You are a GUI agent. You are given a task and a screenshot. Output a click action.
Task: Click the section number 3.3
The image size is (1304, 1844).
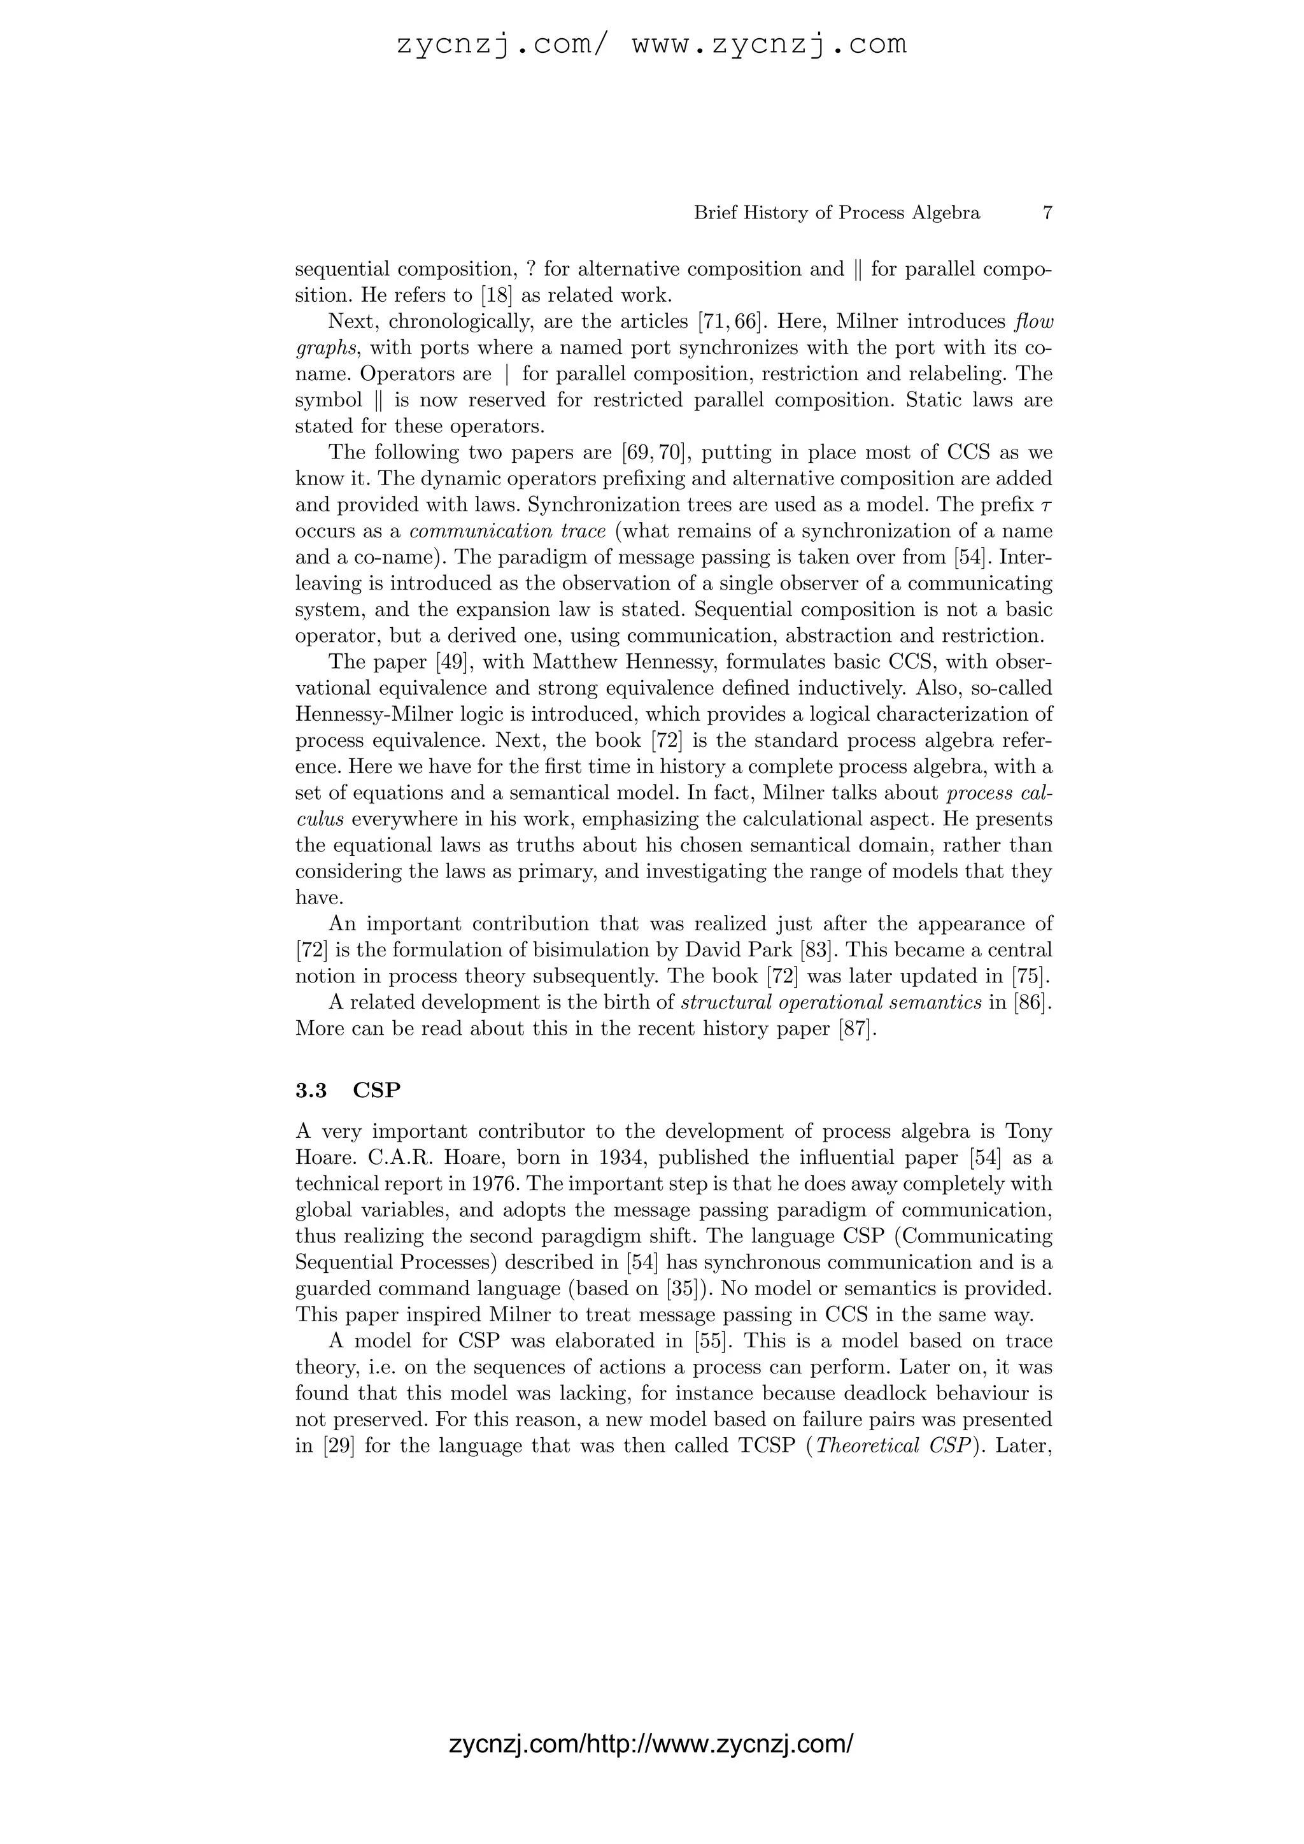pyautogui.click(x=311, y=1090)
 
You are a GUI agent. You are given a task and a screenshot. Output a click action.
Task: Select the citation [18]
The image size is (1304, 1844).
pyautogui.click(x=496, y=295)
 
